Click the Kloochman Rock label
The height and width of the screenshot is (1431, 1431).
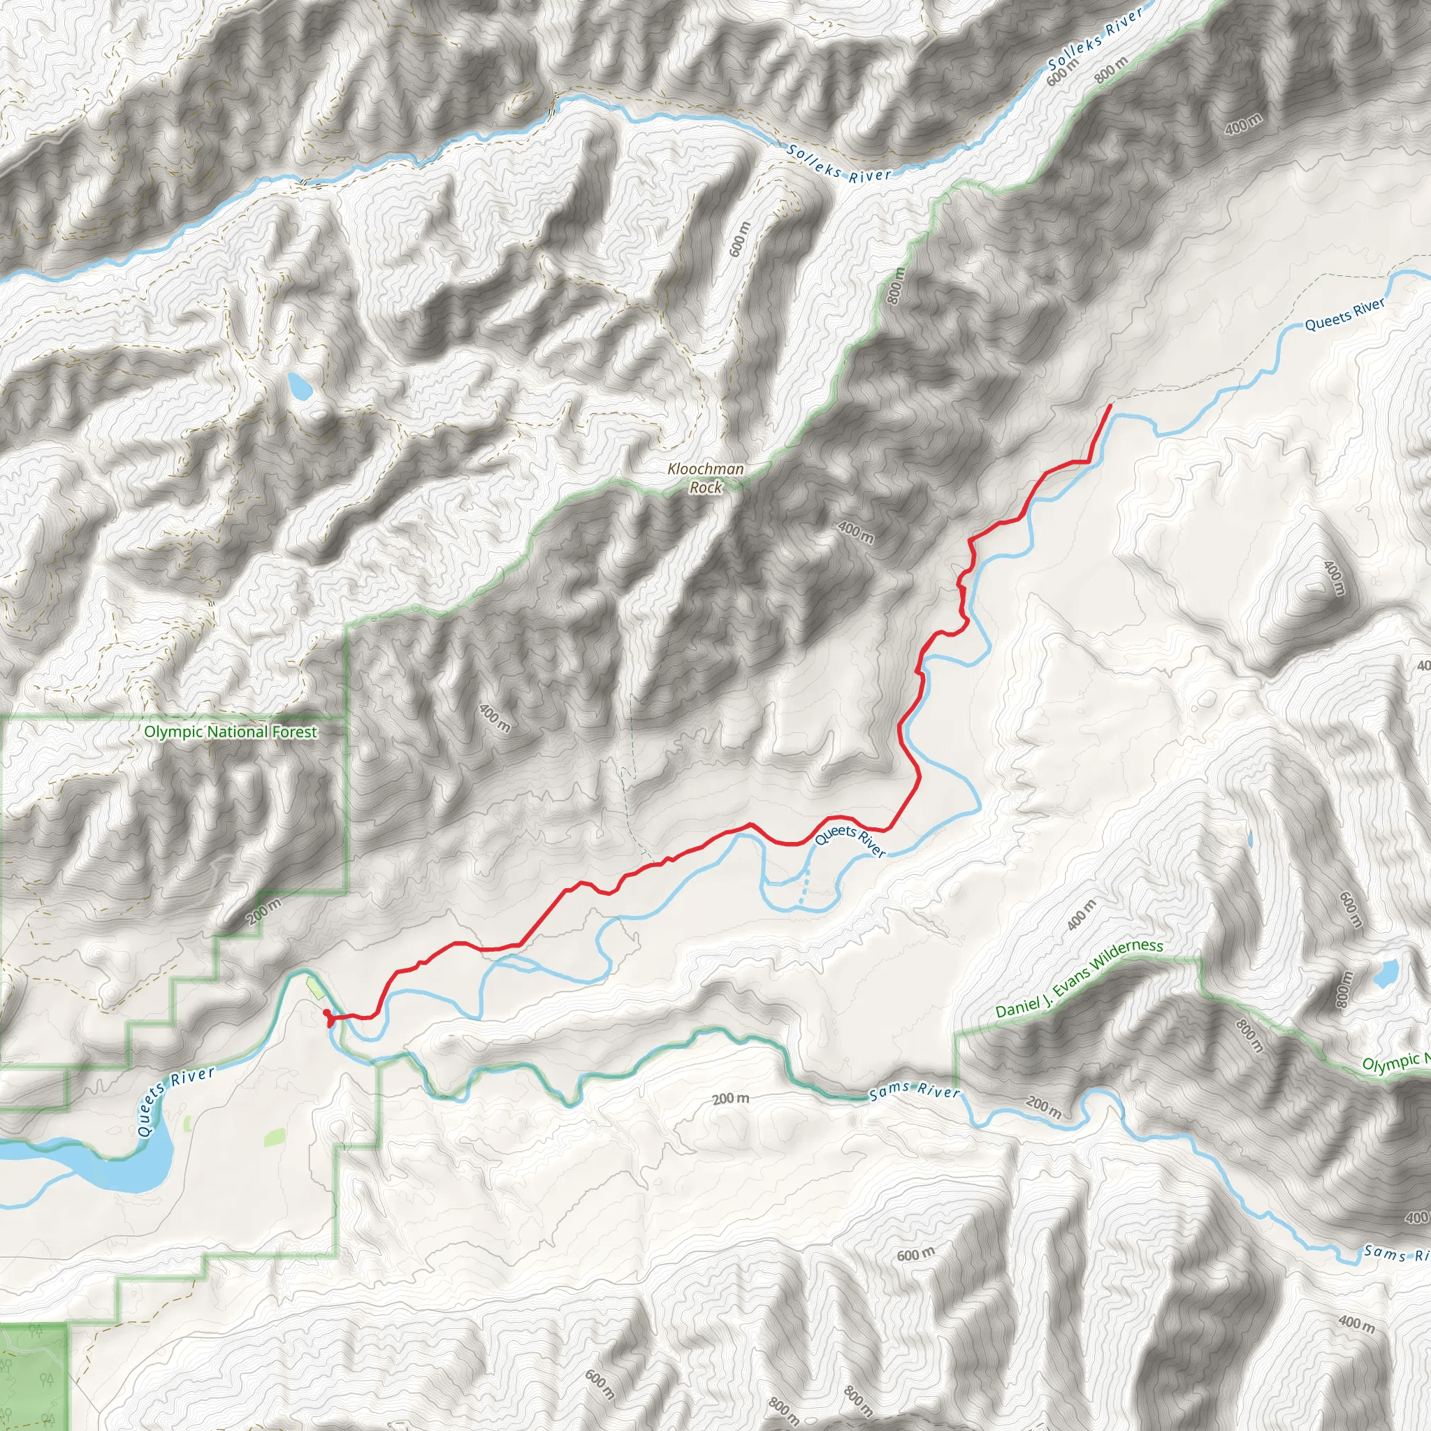click(x=705, y=478)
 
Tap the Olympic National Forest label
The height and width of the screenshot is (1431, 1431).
click(x=231, y=732)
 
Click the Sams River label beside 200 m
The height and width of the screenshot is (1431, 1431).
click(x=914, y=1091)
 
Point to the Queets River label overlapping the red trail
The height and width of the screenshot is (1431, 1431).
click(x=850, y=842)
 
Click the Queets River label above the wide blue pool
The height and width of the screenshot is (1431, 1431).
click(x=175, y=1101)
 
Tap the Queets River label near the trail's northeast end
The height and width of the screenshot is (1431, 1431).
click(x=1344, y=314)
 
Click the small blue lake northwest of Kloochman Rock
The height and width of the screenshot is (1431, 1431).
click(x=299, y=385)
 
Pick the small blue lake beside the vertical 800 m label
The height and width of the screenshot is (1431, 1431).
click(x=1386, y=974)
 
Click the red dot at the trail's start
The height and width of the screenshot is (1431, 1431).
click(x=326, y=1012)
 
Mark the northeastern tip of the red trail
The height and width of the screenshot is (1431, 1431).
click(x=1110, y=406)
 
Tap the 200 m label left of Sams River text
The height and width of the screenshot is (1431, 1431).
click(x=730, y=1098)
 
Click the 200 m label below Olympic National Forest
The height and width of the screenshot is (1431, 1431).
click(x=264, y=911)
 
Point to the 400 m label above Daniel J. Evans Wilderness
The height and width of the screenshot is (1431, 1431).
click(x=1082, y=915)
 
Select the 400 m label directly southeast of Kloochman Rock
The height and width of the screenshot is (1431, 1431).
click(x=855, y=532)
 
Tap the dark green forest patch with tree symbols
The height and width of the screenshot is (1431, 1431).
click(x=33, y=1374)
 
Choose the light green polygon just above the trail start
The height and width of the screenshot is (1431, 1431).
click(x=316, y=988)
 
